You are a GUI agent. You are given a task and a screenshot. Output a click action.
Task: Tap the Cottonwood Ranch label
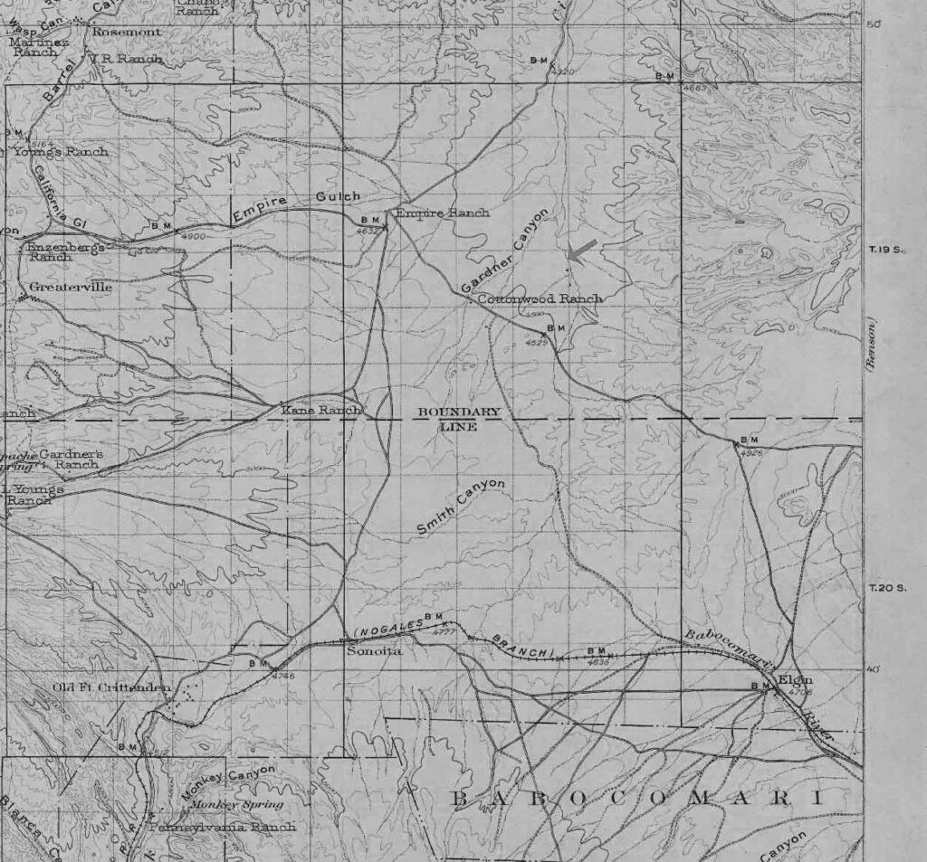coord(540,298)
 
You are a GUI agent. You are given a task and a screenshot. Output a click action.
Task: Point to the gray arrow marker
coord(582,251)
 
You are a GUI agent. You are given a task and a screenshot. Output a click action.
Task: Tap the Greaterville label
coord(71,287)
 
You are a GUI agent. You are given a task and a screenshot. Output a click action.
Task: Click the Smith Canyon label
coord(461,507)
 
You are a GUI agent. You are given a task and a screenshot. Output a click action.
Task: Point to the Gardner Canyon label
coord(504,251)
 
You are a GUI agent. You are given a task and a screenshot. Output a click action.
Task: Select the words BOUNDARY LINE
coord(458,419)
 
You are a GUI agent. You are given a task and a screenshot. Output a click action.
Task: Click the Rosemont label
coord(127,32)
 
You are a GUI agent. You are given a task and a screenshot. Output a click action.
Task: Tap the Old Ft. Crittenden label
coord(111,687)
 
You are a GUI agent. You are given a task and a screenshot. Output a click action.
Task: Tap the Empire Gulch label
coord(296,206)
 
